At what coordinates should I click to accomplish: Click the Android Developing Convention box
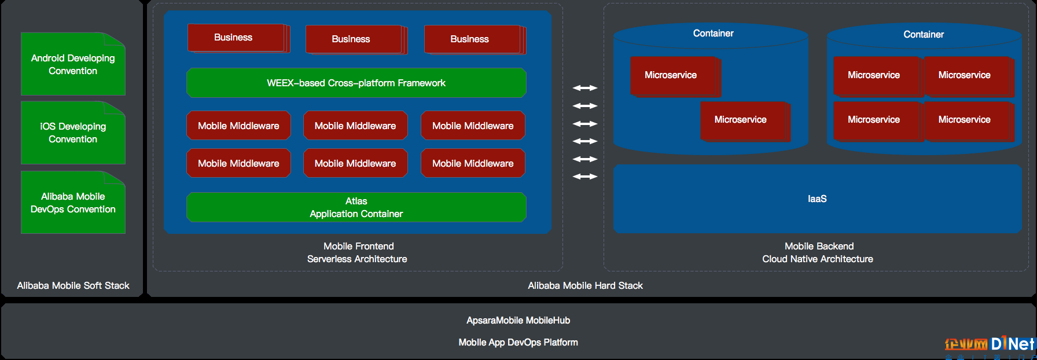tap(73, 64)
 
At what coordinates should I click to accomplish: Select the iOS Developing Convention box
tap(73, 133)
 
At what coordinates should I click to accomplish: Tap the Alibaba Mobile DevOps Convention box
tap(73, 203)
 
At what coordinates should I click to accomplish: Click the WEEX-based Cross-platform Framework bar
tap(356, 83)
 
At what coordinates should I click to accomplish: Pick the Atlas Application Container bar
tap(356, 207)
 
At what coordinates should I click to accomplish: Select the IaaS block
tap(817, 199)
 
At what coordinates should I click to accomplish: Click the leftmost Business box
tap(237, 38)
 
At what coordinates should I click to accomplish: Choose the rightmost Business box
tap(474, 39)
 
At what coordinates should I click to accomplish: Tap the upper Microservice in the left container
tap(675, 76)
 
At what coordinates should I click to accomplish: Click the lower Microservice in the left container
tap(744, 121)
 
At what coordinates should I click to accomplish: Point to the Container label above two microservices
tap(713, 34)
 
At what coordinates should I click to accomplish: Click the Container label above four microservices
tap(924, 35)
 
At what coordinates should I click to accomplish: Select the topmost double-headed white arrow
tap(585, 88)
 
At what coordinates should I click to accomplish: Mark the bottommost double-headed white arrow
tap(585, 177)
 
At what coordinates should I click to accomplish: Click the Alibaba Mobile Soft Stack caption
tap(73, 285)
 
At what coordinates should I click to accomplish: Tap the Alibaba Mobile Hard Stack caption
tap(585, 285)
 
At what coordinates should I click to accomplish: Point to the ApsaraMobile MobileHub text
tap(518, 321)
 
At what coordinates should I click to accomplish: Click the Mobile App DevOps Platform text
tap(518, 343)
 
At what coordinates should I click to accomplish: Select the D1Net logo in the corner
tap(990, 346)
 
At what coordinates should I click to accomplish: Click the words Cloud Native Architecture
tap(818, 259)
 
